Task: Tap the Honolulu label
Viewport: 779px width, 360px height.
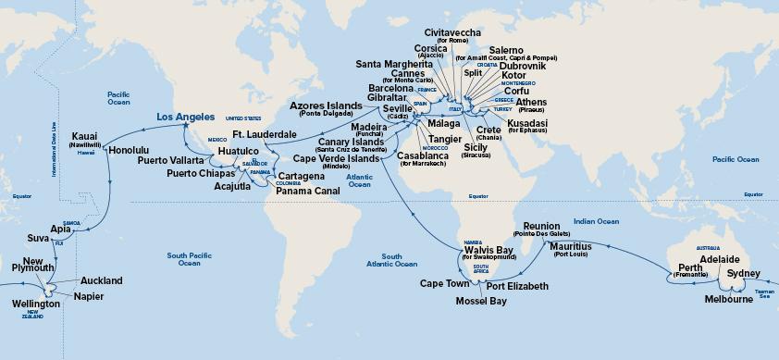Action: (x=130, y=148)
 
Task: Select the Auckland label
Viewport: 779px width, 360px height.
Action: (x=101, y=279)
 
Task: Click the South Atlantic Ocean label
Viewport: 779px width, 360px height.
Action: (x=401, y=260)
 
